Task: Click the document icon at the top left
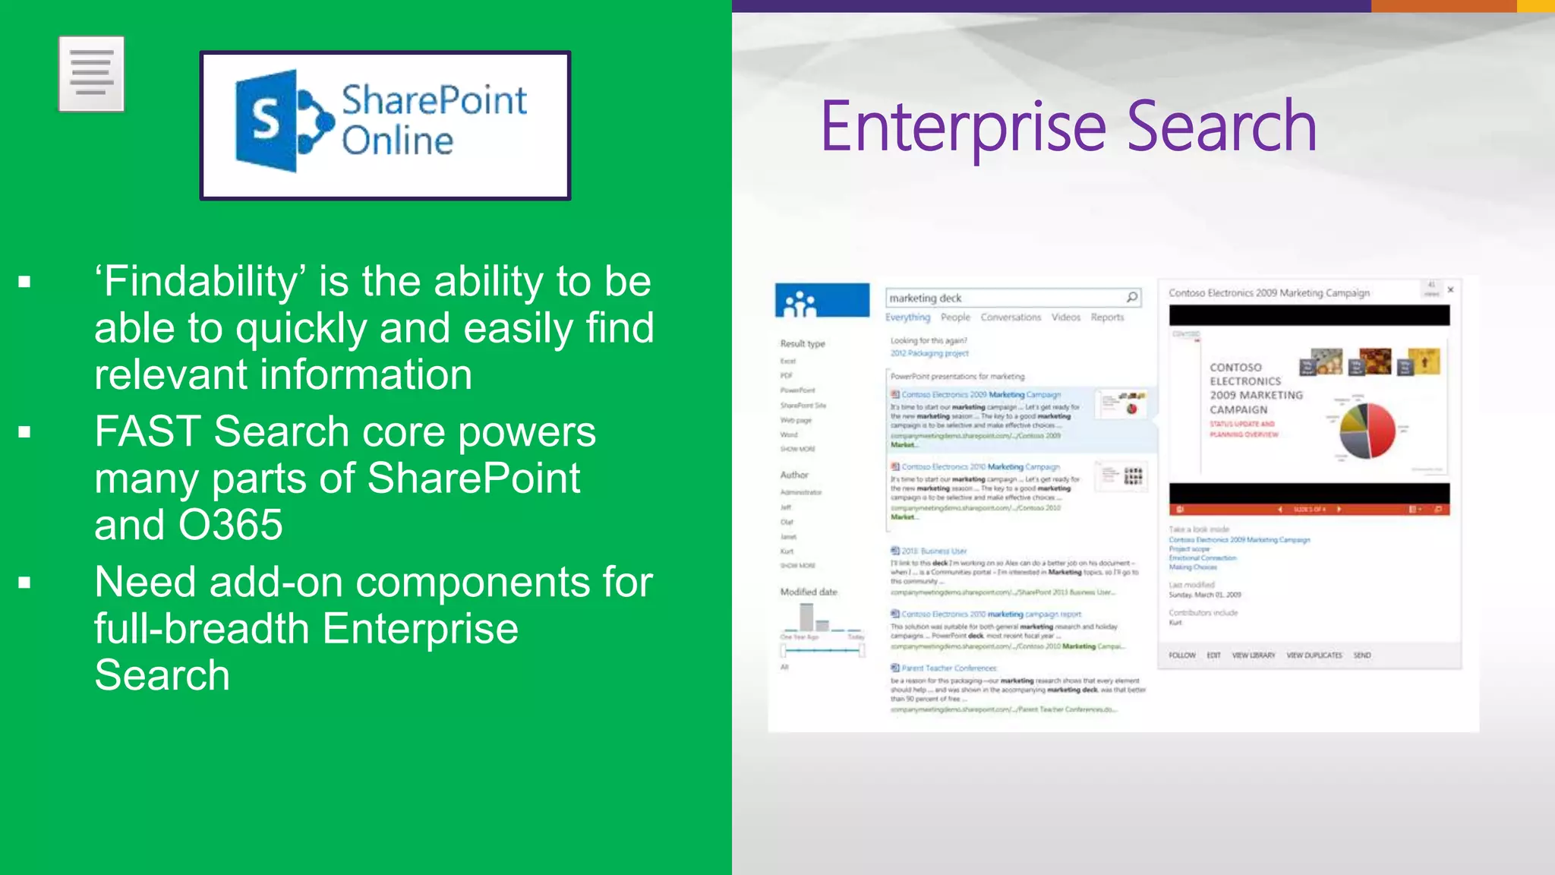tap(91, 74)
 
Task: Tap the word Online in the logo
tap(397, 141)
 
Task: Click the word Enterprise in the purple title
tap(963, 127)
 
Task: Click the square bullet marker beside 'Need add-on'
tap(25, 583)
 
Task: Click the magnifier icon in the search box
tap(1131, 297)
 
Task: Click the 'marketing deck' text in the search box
tap(925, 299)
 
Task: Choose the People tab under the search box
tap(955, 317)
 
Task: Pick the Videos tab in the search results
tap(1065, 317)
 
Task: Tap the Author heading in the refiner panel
tap(794, 475)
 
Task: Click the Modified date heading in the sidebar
tap(809, 592)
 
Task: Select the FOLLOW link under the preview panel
tap(1181, 655)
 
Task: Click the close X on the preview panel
tap(1450, 289)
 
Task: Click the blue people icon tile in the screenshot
tap(822, 301)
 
